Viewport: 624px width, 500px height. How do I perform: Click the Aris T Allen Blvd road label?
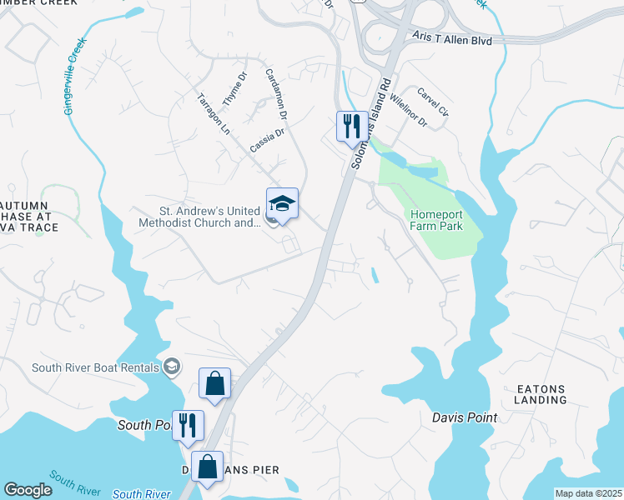tap(452, 39)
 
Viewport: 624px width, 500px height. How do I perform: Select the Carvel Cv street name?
tap(433, 102)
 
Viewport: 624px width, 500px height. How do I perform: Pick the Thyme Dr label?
tap(235, 87)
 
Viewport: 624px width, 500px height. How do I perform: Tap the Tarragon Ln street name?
tap(213, 112)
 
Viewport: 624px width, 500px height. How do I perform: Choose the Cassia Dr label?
tap(267, 139)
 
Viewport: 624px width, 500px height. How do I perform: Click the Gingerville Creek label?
tap(74, 77)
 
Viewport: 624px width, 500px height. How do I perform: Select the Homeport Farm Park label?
tap(435, 220)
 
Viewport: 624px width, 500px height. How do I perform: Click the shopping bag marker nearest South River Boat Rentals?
tap(214, 384)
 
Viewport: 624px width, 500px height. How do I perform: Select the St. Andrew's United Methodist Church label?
tap(199, 217)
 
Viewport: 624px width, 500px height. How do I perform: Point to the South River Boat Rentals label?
tap(97, 367)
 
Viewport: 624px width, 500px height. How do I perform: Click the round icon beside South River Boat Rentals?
tap(172, 367)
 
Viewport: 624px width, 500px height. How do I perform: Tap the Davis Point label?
tap(465, 417)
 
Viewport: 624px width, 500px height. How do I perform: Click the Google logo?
tap(28, 489)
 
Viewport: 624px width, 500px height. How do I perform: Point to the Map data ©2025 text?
tap(587, 493)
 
